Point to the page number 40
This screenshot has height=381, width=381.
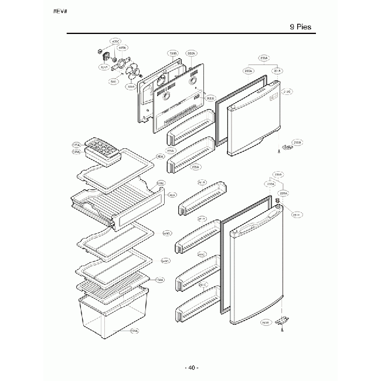point(191,368)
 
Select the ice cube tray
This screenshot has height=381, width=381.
point(102,149)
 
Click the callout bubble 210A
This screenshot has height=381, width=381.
point(297,142)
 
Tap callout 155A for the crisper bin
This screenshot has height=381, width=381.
point(134,331)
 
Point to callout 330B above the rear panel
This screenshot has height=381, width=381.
point(172,54)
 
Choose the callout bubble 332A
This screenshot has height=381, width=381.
point(190,54)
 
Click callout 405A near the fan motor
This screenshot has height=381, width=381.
point(122,47)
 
